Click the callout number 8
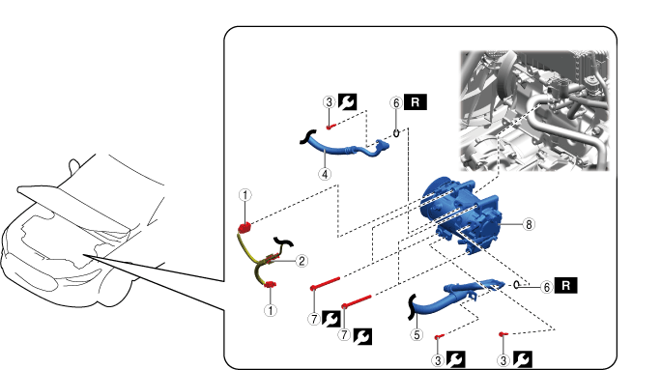[529, 224]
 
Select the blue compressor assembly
[463, 214]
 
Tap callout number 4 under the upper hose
[325, 174]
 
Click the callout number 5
[417, 335]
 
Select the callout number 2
[302, 261]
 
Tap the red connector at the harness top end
[244, 228]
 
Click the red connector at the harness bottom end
[270, 285]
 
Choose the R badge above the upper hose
[416, 102]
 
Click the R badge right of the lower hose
[565, 285]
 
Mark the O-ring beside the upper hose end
[396, 133]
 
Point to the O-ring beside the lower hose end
[516, 285]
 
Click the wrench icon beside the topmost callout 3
[347, 102]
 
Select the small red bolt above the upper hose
[330, 127]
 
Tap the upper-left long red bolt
[325, 283]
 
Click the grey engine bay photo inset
[534, 110]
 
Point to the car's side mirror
[74, 165]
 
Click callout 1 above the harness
[244, 195]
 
